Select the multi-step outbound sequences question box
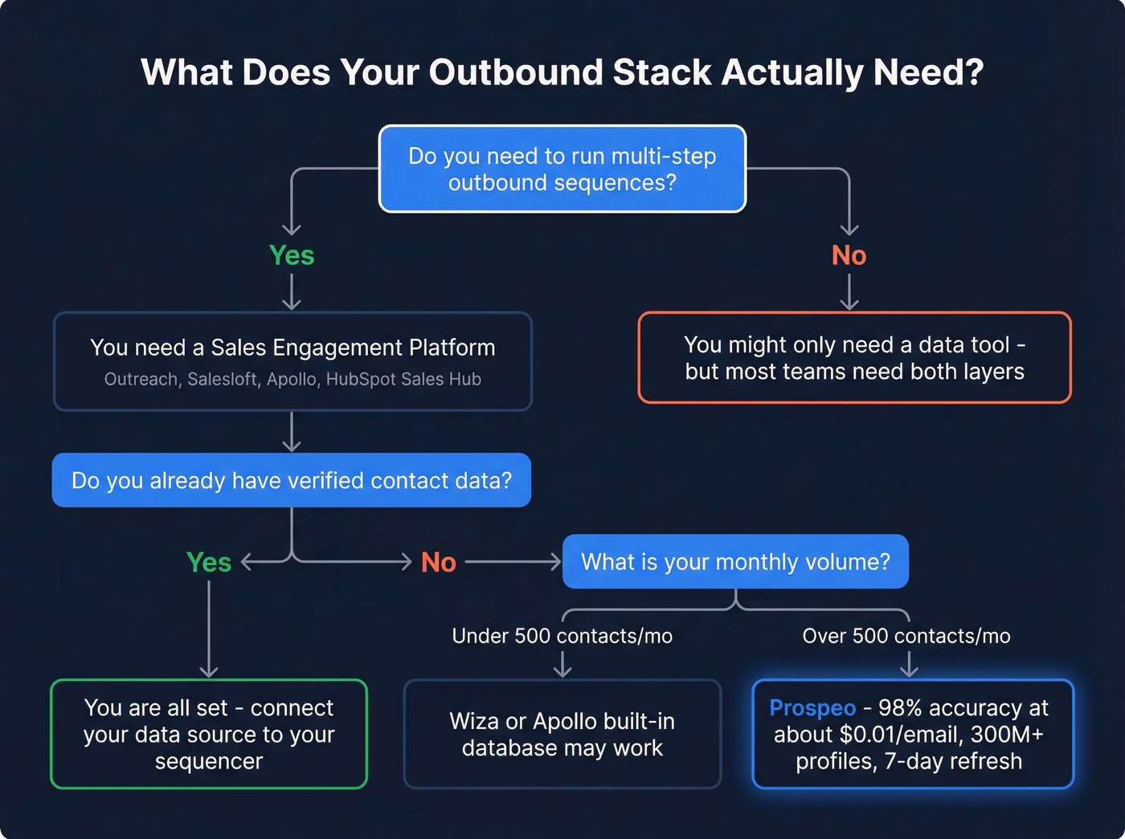(562, 169)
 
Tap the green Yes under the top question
(292, 255)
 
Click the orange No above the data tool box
(849, 255)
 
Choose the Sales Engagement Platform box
(292, 361)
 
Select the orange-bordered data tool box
(854, 358)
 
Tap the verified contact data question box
(291, 480)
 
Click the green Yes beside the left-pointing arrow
(209, 562)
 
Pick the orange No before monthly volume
(439, 562)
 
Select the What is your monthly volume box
(735, 562)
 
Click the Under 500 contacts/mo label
(562, 636)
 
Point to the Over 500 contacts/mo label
(906, 636)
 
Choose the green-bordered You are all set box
(209, 734)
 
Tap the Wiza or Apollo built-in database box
(562, 734)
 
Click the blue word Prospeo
(812, 708)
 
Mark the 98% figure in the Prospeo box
(899, 708)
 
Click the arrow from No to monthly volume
(513, 562)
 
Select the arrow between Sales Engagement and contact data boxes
(292, 432)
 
